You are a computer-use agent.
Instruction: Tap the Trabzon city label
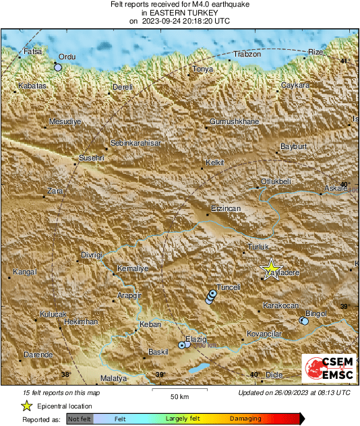point(246,54)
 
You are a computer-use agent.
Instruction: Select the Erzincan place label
point(225,209)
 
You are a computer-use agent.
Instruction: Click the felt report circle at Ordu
point(58,67)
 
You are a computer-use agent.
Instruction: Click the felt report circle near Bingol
point(304,322)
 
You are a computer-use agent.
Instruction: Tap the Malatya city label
point(113,379)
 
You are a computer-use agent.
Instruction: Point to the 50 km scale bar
point(179,390)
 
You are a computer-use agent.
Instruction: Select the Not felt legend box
point(80,419)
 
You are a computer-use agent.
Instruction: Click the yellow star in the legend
point(26,406)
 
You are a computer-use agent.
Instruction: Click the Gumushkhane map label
point(234,121)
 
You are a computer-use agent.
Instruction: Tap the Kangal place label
point(24,272)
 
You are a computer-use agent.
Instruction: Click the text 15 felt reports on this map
point(61,392)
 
